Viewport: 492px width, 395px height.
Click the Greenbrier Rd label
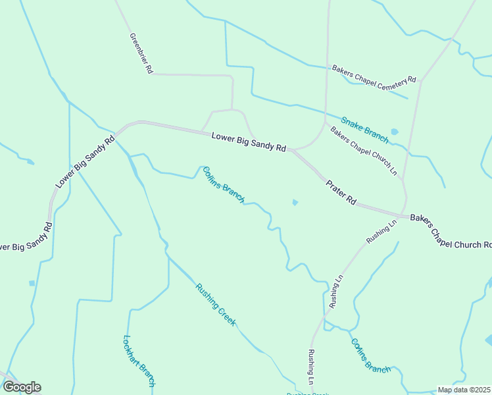141,52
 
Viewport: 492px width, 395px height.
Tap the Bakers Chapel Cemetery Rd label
374,74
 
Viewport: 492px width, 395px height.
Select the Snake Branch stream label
364,126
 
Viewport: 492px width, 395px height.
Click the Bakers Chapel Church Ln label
364,151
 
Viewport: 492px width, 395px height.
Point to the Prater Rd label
341,193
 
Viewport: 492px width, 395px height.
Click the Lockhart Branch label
139,361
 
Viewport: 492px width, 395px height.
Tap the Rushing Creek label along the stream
215,304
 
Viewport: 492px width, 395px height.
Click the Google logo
22,387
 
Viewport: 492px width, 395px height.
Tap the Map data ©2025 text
464,390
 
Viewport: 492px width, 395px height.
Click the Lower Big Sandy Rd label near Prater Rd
249,142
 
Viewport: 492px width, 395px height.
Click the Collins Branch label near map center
224,184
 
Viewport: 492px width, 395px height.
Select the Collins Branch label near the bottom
370,356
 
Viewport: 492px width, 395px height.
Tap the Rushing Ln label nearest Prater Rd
382,232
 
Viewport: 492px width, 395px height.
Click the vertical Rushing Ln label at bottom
310,367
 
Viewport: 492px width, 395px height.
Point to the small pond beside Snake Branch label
394,132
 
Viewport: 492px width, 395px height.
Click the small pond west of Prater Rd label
295,202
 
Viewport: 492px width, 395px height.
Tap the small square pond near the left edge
32,283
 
